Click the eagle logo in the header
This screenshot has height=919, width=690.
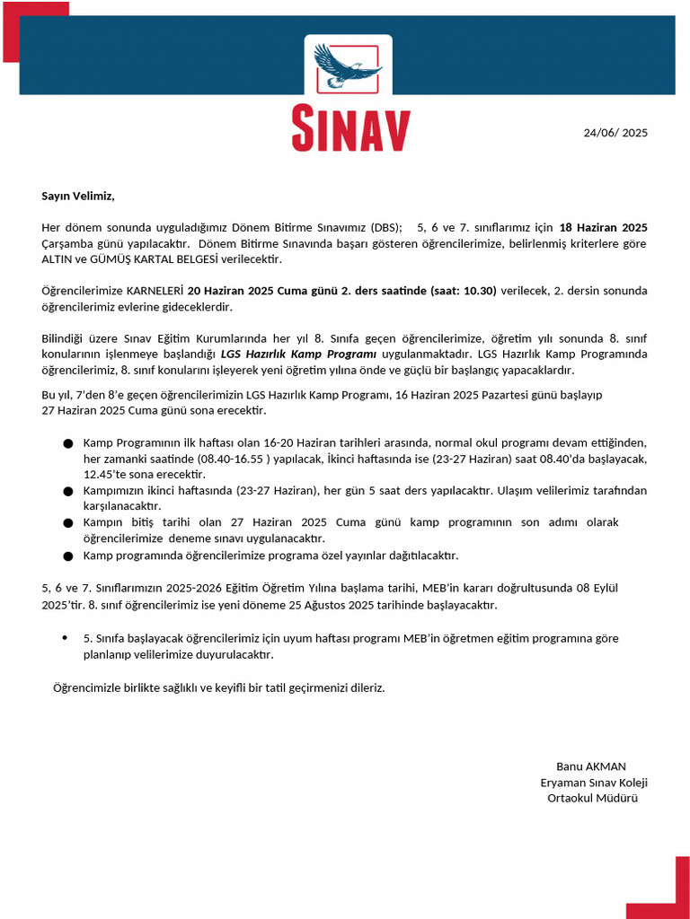(x=348, y=66)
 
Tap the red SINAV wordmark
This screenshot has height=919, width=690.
(x=350, y=130)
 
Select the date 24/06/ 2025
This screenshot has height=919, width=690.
(x=615, y=133)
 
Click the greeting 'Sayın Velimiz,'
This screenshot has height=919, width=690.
(x=78, y=196)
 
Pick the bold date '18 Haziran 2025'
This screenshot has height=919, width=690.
(x=603, y=228)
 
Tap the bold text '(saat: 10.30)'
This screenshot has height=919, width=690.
(x=463, y=291)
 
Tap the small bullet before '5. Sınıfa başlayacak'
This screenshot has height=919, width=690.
(x=65, y=638)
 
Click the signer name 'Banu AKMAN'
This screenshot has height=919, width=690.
(x=591, y=766)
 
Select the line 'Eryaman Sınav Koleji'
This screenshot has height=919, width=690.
(x=594, y=783)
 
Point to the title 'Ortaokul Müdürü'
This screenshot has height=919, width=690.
(x=592, y=798)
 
